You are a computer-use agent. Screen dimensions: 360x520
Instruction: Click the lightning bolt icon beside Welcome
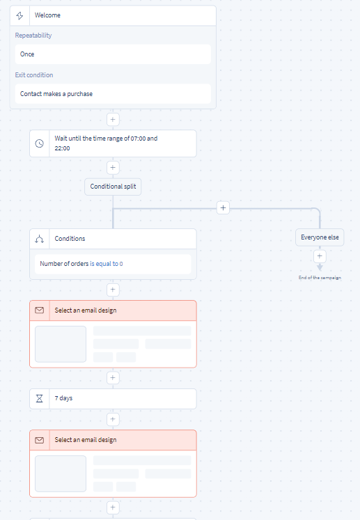click(x=19, y=15)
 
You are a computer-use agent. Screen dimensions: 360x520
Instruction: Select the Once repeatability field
click(x=113, y=54)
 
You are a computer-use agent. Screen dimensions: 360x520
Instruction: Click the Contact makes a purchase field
click(x=113, y=94)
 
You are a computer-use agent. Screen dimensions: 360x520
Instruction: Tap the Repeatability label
click(x=33, y=36)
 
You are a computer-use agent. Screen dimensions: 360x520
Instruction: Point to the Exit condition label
click(x=34, y=75)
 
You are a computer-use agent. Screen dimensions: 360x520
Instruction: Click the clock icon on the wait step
click(x=40, y=143)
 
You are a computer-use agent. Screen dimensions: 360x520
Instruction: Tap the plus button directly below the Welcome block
click(x=113, y=120)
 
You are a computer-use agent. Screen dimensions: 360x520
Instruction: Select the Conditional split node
click(x=113, y=187)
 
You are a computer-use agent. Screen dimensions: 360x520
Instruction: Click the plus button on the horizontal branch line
click(x=223, y=208)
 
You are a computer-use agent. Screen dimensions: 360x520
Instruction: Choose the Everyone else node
click(x=320, y=237)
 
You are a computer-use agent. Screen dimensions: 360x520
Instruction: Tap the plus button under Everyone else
click(x=320, y=256)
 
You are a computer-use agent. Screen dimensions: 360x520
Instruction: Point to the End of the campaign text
click(x=320, y=278)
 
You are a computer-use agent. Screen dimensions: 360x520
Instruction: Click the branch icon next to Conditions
click(x=40, y=239)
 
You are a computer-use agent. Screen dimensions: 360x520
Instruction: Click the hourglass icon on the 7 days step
click(x=40, y=398)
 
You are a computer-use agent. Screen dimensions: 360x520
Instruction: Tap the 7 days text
click(x=63, y=398)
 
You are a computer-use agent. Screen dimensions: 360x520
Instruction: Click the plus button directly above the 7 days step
click(x=113, y=378)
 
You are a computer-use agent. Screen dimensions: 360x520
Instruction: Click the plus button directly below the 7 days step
click(x=113, y=419)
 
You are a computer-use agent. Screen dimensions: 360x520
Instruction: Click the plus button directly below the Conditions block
click(x=113, y=290)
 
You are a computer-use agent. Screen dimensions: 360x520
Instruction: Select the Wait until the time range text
click(x=106, y=143)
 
